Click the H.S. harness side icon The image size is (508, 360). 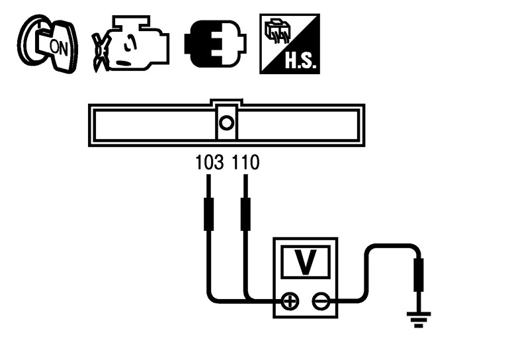[289, 46]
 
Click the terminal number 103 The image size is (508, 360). [210, 163]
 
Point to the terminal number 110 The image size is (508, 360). [246, 163]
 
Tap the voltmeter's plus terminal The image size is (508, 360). [290, 302]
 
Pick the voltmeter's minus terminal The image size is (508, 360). [320, 302]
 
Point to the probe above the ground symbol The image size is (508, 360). [418, 274]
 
